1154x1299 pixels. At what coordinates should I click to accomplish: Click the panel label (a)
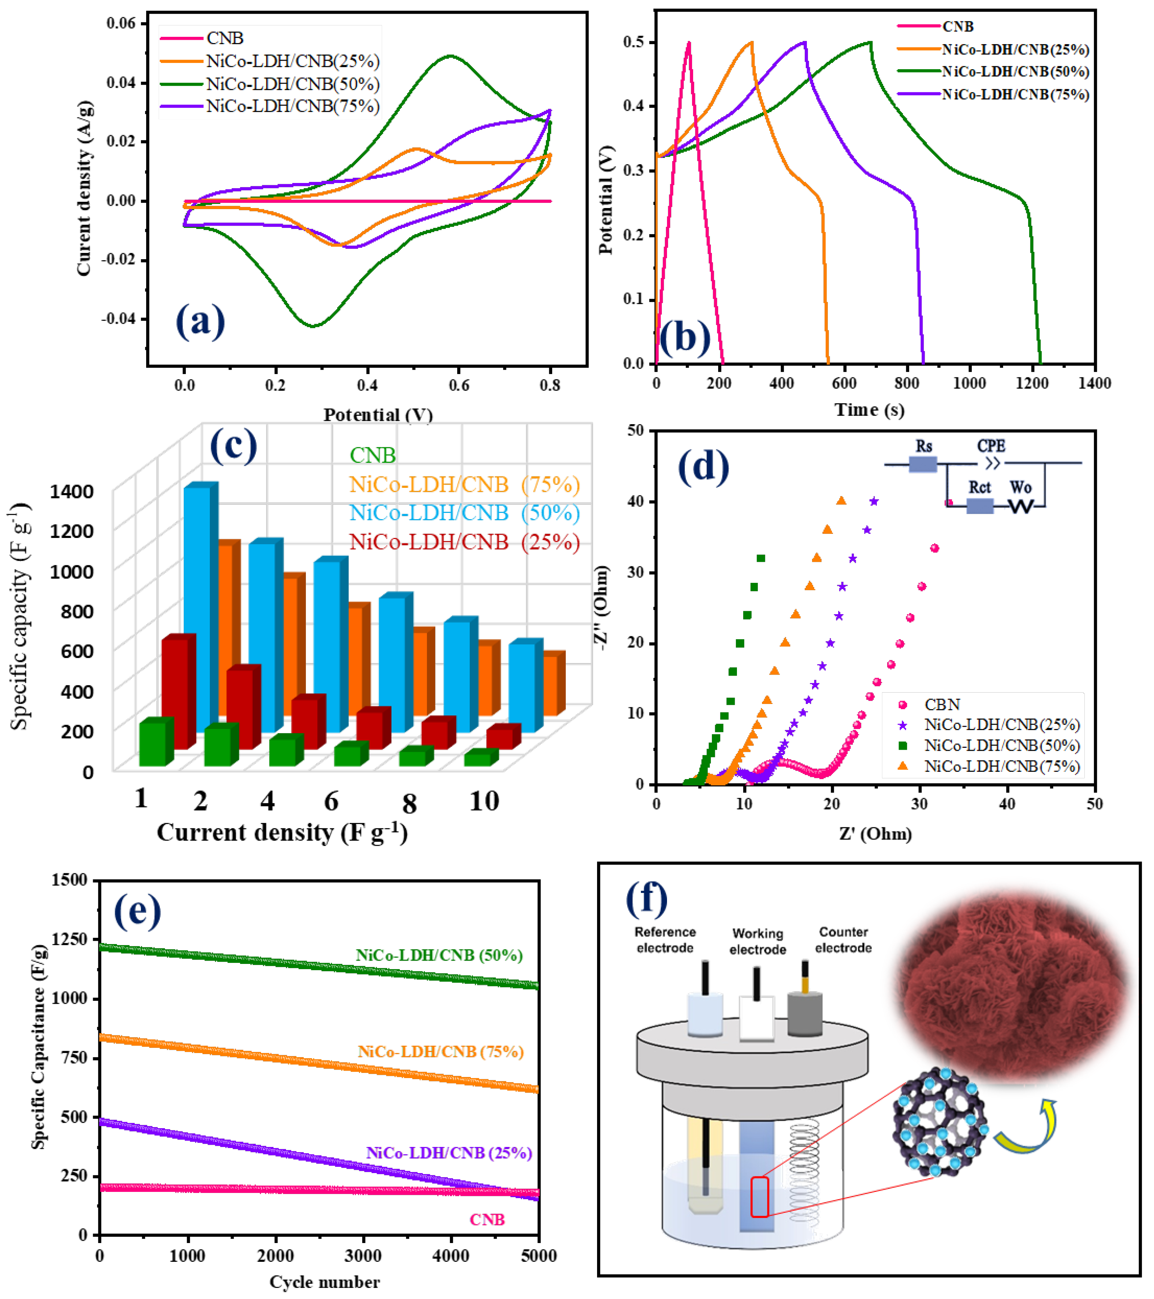click(200, 321)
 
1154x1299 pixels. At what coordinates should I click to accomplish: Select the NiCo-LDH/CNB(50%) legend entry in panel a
click(292, 84)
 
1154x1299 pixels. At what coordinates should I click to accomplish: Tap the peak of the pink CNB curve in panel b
click(689, 43)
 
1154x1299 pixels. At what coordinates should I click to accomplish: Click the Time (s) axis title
click(869, 410)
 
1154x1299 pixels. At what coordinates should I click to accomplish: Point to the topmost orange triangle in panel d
click(841, 501)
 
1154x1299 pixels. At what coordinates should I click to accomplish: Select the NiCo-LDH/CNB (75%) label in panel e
click(440, 1052)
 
